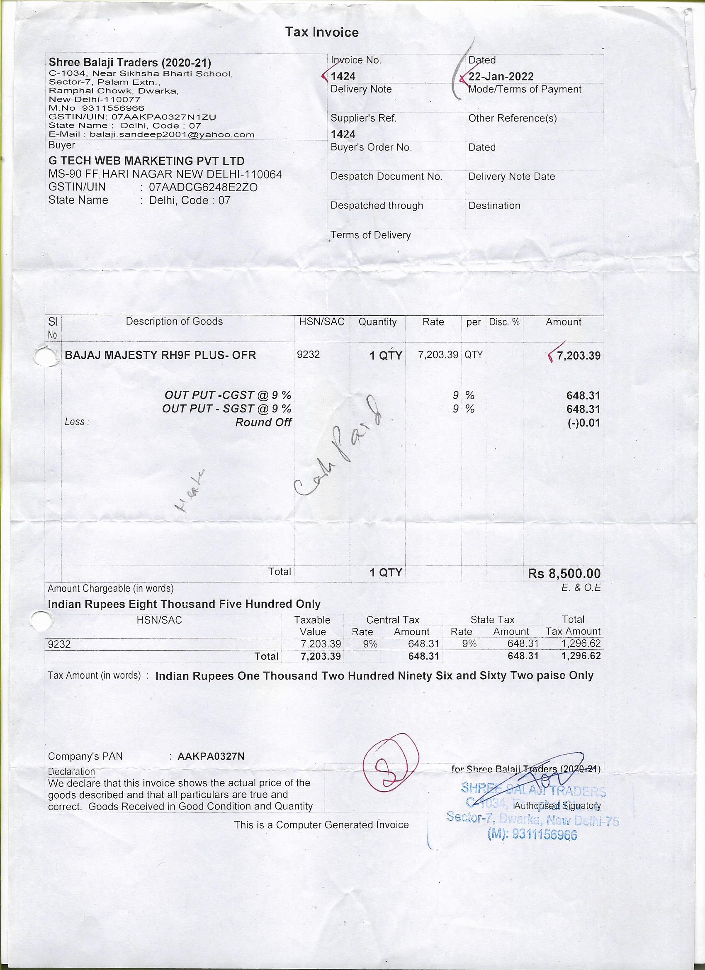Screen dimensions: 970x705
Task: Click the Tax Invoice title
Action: coord(322,32)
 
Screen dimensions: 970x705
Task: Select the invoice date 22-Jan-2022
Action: coord(501,77)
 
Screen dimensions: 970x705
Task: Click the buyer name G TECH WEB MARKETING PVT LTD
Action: coord(146,161)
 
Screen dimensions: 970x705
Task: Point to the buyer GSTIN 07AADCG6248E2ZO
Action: coord(203,188)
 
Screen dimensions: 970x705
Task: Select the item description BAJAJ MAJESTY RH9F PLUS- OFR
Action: coord(160,355)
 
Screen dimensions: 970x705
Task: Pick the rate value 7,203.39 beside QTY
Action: coord(438,355)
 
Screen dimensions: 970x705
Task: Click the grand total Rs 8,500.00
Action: coord(564,573)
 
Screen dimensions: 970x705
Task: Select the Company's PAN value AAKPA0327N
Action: coord(211,756)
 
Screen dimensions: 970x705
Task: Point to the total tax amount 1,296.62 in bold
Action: coord(581,656)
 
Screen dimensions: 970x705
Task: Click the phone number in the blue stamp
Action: coord(532,835)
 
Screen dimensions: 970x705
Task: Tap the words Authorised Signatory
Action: coord(557,806)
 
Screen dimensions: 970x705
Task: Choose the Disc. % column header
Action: coord(504,322)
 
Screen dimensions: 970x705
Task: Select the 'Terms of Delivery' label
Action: coord(370,235)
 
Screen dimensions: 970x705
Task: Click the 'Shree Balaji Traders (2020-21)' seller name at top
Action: coord(130,63)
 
